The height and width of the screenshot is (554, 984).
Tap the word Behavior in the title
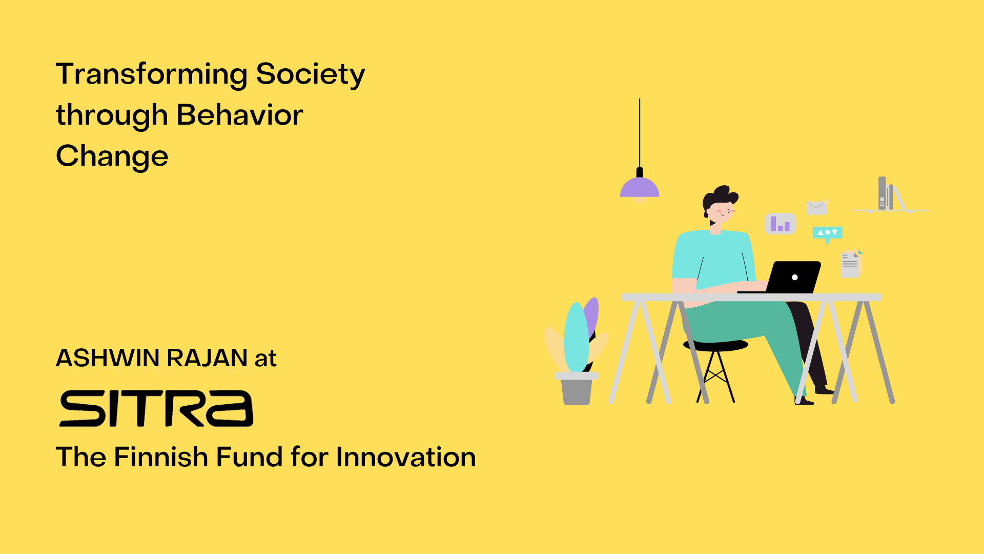coord(239,115)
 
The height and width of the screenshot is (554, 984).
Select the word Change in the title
coord(112,156)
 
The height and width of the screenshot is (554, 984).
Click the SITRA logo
coord(156,408)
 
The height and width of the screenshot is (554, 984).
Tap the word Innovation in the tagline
coord(405,457)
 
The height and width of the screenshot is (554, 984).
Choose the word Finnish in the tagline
coord(160,457)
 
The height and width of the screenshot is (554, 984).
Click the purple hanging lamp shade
coord(639,188)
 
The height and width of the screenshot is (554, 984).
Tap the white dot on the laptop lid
coord(794,278)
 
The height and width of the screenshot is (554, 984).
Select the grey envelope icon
coord(816,208)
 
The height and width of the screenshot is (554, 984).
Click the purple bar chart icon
coord(780,224)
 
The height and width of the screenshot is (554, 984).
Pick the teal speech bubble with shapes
coord(827,233)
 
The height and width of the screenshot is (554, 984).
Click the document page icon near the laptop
coord(850,265)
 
